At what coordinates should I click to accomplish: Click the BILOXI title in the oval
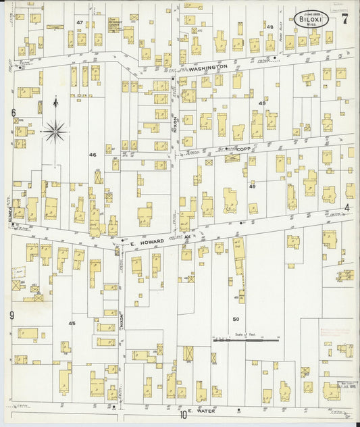311,20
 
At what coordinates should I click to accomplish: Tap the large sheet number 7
344,19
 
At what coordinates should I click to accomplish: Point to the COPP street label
243,148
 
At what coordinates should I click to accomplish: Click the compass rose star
54,130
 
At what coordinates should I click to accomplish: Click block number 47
80,22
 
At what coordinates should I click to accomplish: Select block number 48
269,27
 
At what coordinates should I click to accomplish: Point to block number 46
93,155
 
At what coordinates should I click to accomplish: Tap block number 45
72,324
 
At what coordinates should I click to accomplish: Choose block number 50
236,319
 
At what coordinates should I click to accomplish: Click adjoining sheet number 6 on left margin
12,112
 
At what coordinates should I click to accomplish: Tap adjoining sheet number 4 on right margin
348,207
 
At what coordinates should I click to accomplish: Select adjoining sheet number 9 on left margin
12,315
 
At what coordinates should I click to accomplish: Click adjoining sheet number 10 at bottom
182,415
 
